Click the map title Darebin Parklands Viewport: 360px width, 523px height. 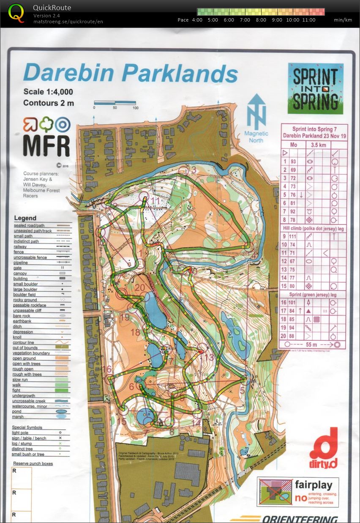pos(131,73)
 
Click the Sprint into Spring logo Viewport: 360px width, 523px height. pos(315,88)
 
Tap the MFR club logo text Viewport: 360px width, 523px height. pos(46,145)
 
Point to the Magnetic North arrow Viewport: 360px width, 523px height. pos(256,112)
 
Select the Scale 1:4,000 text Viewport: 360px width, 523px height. pos(48,92)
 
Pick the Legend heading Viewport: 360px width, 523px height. pos(25,218)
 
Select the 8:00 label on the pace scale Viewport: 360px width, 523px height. pos(261,20)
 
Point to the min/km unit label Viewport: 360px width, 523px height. pos(343,20)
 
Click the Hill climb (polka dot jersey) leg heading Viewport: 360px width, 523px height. pos(313,229)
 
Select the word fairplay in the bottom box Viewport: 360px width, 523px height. pos(313,485)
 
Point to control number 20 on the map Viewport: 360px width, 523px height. pos(140,288)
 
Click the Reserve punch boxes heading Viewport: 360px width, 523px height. pos(33,463)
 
